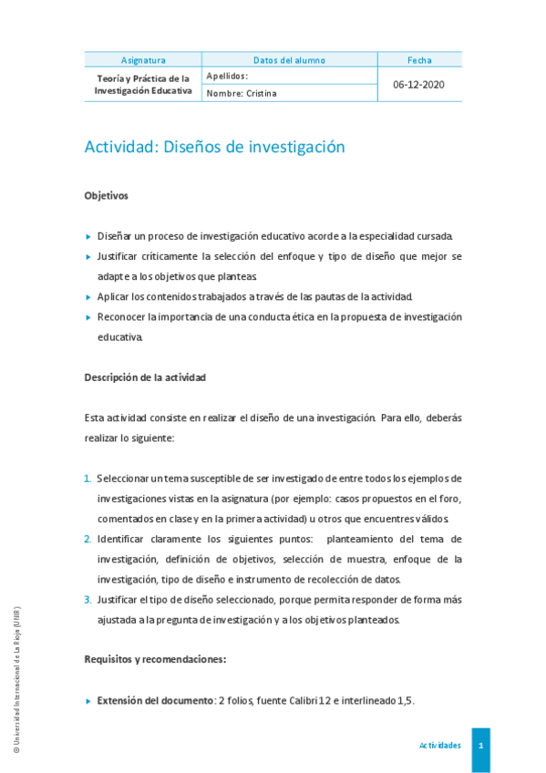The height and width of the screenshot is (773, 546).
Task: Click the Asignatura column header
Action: coord(143,60)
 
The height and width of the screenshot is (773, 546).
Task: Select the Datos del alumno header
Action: coord(289,60)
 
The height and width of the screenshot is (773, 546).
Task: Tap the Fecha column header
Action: coord(419,60)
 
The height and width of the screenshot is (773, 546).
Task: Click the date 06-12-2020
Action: coord(419,84)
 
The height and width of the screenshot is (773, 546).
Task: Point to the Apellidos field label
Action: coord(227,76)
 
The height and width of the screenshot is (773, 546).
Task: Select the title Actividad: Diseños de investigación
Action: coord(214,147)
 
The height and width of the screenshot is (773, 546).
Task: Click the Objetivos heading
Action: coord(106,195)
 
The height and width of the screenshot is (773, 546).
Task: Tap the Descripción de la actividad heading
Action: coord(145,376)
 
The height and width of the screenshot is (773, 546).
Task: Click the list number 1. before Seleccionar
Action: coord(88,479)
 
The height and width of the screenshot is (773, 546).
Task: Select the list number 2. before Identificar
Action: coord(88,539)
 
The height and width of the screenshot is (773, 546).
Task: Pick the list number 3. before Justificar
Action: coord(88,599)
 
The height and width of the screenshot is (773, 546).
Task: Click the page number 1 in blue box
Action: coord(480,745)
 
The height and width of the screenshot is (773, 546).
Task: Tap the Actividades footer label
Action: coord(439,745)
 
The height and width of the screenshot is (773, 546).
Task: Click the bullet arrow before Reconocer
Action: coord(88,317)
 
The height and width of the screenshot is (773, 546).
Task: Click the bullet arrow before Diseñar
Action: coord(88,236)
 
